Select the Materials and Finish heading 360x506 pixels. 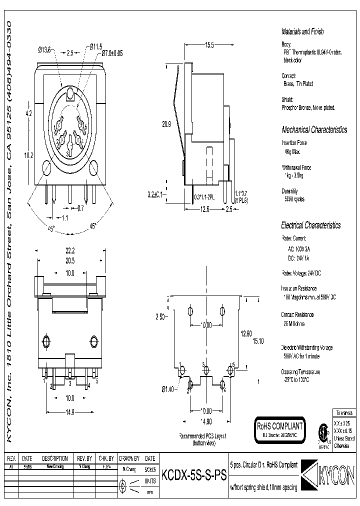click(x=302, y=31)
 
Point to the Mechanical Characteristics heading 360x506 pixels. click(x=314, y=130)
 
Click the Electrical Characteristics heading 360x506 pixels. click(x=310, y=225)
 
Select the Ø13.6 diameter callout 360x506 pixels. click(x=44, y=49)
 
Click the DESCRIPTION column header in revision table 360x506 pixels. click(x=54, y=458)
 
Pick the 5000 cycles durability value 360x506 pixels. click(x=294, y=199)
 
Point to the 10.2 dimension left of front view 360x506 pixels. click(x=28, y=155)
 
